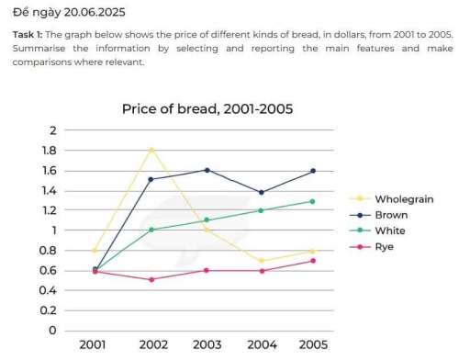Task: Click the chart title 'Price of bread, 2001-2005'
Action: pos(207,108)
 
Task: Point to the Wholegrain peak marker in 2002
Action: pos(151,150)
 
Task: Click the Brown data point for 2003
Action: pos(207,170)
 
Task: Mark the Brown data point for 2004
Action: pos(261,192)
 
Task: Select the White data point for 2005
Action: pos(312,201)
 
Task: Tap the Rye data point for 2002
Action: pos(151,279)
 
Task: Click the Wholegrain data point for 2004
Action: pos(261,261)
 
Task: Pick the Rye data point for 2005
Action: pos(312,261)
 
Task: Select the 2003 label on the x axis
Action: pos(207,345)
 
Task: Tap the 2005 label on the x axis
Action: pos(312,345)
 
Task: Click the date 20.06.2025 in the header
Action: pos(91,13)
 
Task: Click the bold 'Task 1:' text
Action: pos(30,35)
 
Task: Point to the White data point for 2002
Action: pos(151,230)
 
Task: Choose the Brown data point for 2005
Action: pos(312,171)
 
